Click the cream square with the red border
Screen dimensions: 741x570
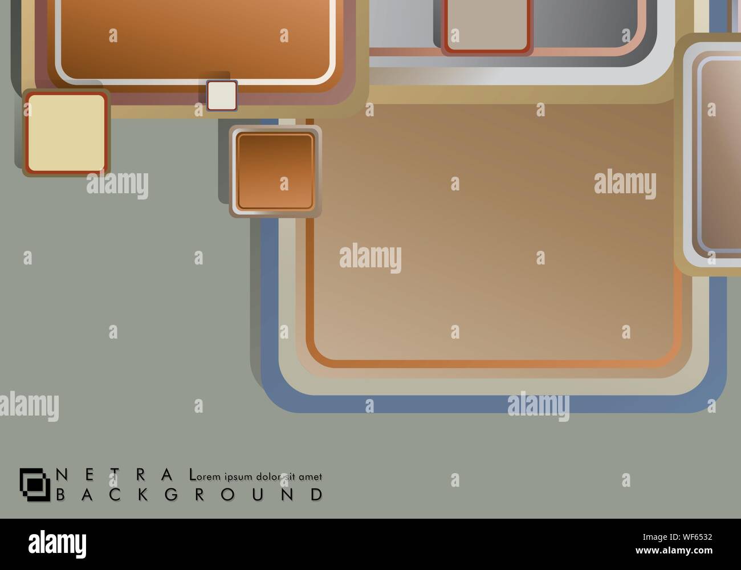(x=66, y=133)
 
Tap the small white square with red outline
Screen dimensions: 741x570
(x=222, y=95)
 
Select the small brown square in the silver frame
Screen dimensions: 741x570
(x=275, y=171)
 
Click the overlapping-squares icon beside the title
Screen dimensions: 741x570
(x=35, y=484)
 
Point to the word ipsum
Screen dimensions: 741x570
(x=238, y=477)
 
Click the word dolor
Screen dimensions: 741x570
(x=268, y=477)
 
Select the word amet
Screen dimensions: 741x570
(x=310, y=477)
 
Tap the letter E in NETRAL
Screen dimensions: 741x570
(x=89, y=474)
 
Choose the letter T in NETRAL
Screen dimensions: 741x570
(x=115, y=474)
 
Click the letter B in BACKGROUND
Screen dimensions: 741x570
(x=60, y=494)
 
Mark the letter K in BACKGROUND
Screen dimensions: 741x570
(x=143, y=494)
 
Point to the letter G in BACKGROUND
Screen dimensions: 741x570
(x=171, y=494)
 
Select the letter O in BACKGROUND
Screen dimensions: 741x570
(x=228, y=494)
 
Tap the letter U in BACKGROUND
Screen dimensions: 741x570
(x=258, y=494)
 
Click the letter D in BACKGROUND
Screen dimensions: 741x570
(x=317, y=494)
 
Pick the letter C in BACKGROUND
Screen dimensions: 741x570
(x=115, y=494)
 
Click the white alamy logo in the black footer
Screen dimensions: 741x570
(x=58, y=544)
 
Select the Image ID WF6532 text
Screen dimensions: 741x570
(x=677, y=537)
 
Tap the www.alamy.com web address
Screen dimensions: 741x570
(x=674, y=550)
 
